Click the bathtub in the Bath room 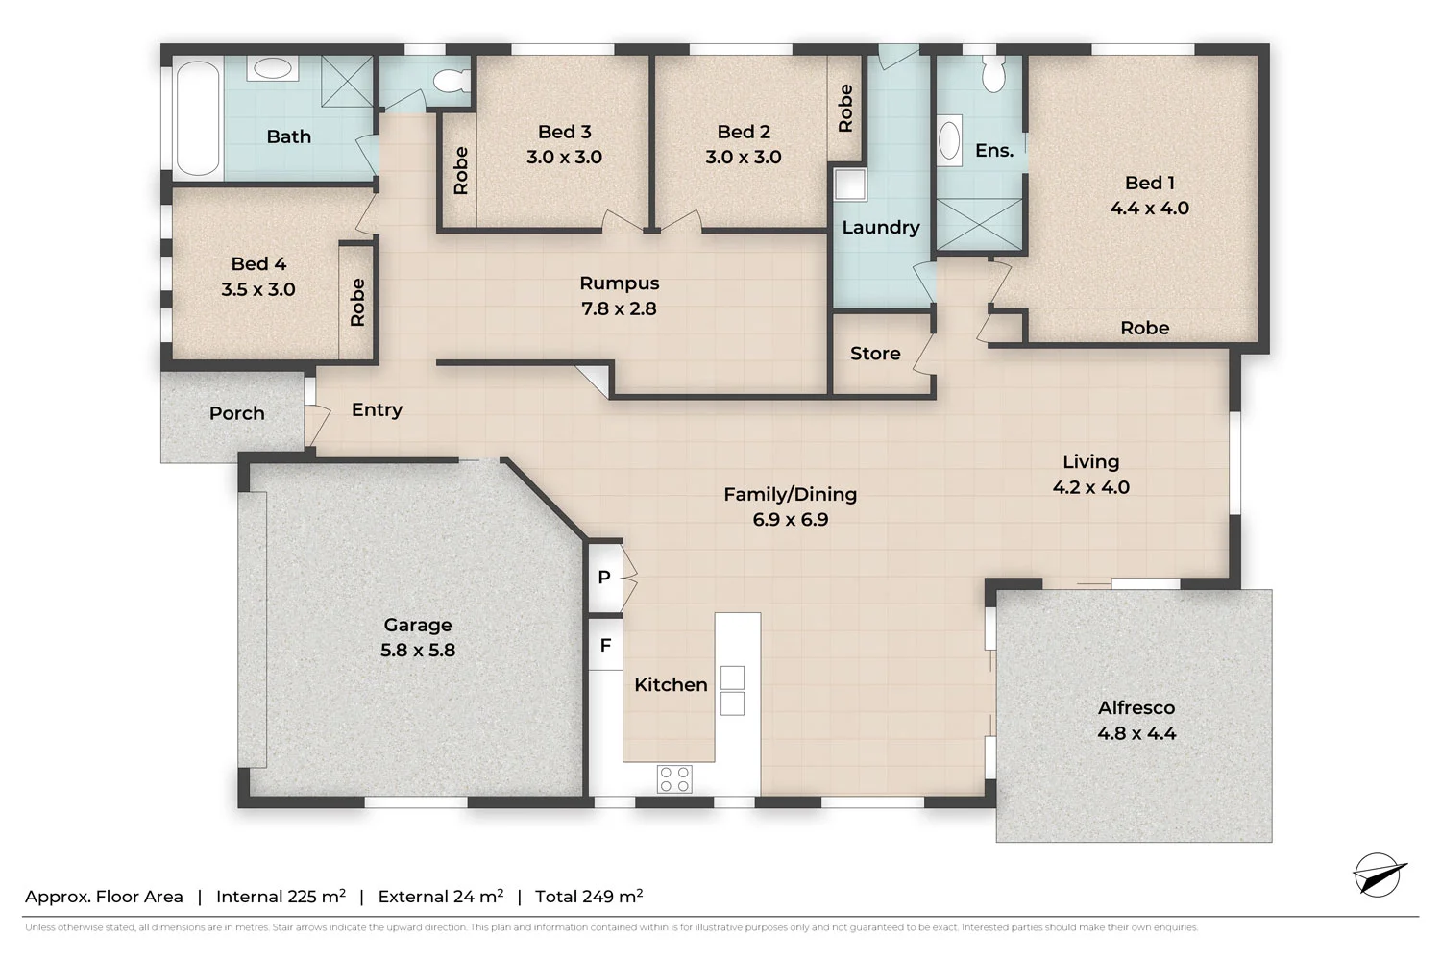click(x=197, y=118)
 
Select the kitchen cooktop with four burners click(x=674, y=778)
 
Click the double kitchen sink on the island click(x=732, y=690)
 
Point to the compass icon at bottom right click(x=1379, y=875)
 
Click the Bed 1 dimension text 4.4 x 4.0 click(x=1149, y=209)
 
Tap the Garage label click(x=417, y=625)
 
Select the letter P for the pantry click(x=604, y=578)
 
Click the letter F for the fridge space click(x=605, y=646)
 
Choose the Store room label click(x=875, y=354)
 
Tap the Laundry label click(x=881, y=228)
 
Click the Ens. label click(x=994, y=151)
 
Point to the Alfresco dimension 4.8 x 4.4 click(x=1136, y=733)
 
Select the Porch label click(x=236, y=413)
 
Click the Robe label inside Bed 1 click(x=1144, y=328)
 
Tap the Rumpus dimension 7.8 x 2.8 click(x=619, y=308)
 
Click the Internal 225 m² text click(x=281, y=897)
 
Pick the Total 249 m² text click(x=589, y=897)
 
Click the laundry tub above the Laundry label click(x=850, y=185)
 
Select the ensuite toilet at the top click(x=993, y=74)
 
